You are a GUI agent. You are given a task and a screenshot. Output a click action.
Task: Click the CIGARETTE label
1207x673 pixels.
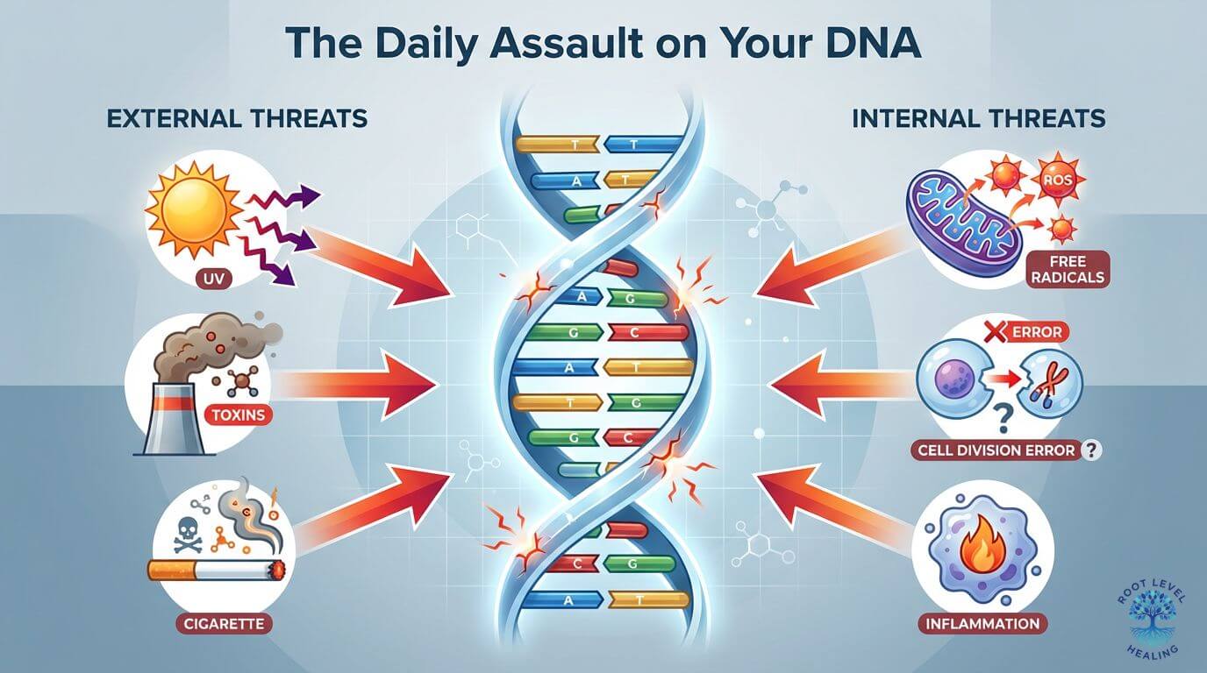pos(225,624)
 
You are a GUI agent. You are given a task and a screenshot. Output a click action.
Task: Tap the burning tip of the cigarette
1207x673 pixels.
pos(280,570)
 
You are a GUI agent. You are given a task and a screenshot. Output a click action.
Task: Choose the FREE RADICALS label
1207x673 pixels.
pos(1066,269)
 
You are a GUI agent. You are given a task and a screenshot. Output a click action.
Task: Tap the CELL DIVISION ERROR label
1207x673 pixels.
pos(997,450)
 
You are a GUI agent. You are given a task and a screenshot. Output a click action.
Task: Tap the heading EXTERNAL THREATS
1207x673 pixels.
pos(236,118)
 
